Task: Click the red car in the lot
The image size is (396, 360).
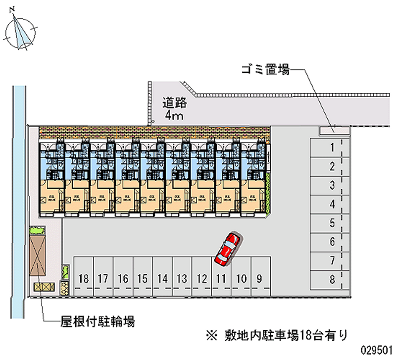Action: click(227, 248)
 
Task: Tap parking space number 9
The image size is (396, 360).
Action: click(259, 279)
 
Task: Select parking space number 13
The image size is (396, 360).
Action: click(181, 279)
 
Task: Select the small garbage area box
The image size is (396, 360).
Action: click(327, 130)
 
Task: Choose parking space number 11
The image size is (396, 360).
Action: click(221, 279)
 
